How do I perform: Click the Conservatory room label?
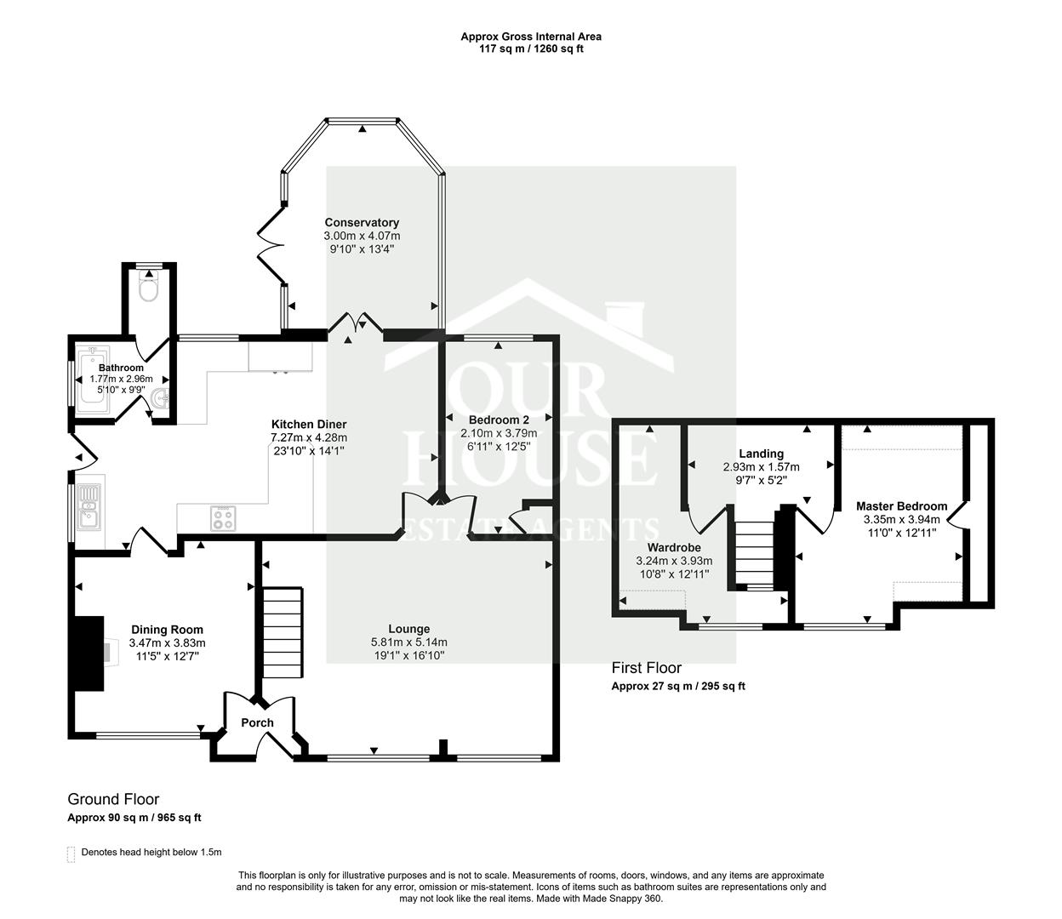point(361,223)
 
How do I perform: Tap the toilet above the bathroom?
point(150,288)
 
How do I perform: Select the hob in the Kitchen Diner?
point(223,518)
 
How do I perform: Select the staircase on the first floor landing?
point(753,554)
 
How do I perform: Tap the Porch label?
point(257,722)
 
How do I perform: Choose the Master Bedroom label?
point(901,506)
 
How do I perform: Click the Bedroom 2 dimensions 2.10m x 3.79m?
point(499,433)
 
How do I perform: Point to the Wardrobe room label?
point(674,547)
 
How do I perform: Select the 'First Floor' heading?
point(646,668)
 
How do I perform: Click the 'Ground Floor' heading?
point(113,799)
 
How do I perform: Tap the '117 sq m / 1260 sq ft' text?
point(531,49)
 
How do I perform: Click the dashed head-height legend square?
point(71,853)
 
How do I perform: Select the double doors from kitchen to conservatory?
point(357,324)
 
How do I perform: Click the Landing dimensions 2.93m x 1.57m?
point(761,467)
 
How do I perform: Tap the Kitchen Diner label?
point(308,424)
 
